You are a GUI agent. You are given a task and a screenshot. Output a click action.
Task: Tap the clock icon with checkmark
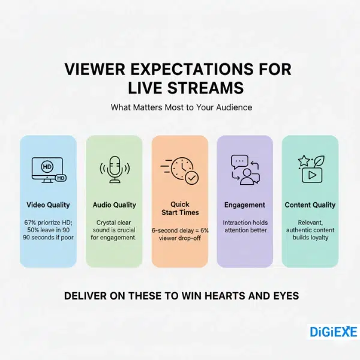(x=179, y=170)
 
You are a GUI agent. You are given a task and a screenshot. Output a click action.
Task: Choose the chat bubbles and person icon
(x=244, y=170)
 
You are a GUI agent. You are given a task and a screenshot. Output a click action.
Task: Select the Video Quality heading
(x=48, y=205)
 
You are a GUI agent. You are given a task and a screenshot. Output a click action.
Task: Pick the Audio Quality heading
(x=114, y=205)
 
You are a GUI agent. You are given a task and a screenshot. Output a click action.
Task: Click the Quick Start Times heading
(x=179, y=209)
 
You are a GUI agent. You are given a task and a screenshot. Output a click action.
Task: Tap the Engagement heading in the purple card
(x=245, y=205)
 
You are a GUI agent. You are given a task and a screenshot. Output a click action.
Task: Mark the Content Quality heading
(x=310, y=205)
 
